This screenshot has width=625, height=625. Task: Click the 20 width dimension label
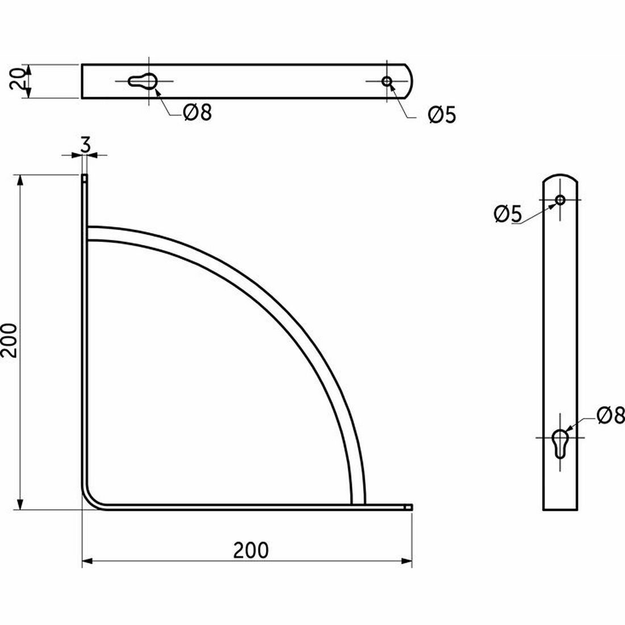click(17, 81)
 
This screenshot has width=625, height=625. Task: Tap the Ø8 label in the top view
click(197, 113)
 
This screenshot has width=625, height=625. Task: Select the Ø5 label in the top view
click(441, 115)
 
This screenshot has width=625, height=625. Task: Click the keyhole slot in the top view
click(142, 81)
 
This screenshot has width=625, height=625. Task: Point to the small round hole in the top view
click(386, 81)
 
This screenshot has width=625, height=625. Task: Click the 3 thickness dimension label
click(85, 145)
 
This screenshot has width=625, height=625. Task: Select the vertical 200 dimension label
click(9, 341)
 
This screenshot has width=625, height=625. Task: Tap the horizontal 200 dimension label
click(251, 550)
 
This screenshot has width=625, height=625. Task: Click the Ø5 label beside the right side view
click(508, 214)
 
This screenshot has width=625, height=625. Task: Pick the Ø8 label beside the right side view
click(611, 416)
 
